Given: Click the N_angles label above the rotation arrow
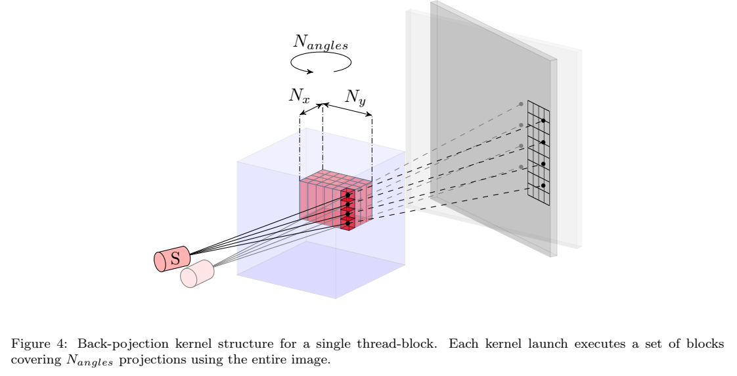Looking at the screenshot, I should click(x=320, y=43).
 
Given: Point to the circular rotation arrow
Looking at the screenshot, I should click(x=321, y=62).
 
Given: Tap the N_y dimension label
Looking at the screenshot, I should click(x=355, y=97).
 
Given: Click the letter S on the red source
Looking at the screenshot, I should click(x=175, y=258).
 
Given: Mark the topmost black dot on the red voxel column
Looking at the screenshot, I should click(x=347, y=195).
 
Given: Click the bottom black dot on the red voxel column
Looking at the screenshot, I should click(x=347, y=223).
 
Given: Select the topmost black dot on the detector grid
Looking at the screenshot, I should click(x=543, y=121).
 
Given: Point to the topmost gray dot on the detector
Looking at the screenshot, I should click(x=521, y=104).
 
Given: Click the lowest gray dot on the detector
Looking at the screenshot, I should click(x=521, y=167).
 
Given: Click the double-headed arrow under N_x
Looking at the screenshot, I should click(x=311, y=109).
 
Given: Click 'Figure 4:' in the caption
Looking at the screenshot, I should click(x=32, y=344).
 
